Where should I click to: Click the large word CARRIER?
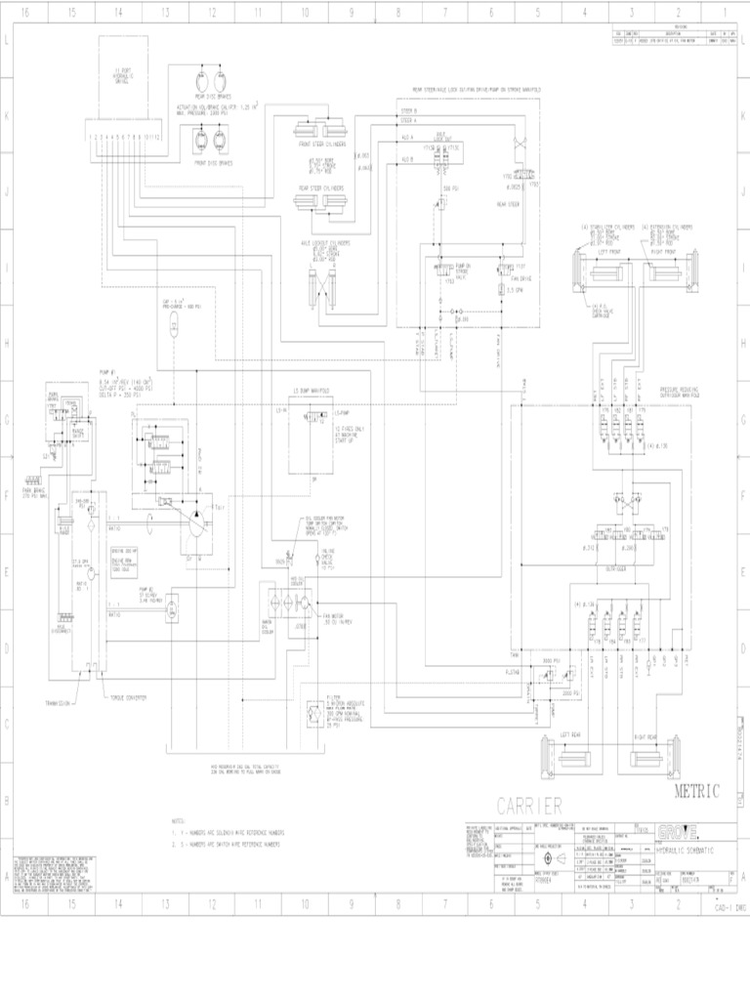(x=529, y=806)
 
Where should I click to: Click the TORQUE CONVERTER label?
(x=128, y=697)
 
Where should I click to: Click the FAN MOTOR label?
(x=332, y=616)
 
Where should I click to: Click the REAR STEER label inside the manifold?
(x=506, y=205)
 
